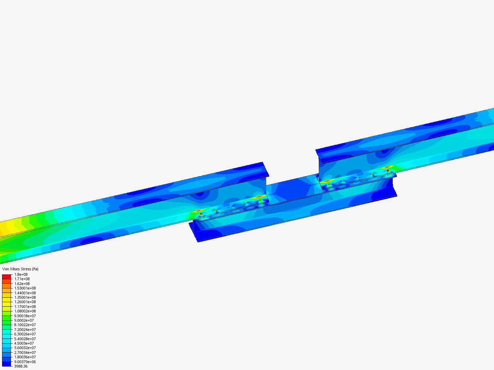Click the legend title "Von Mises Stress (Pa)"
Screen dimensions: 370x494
[x=20, y=269]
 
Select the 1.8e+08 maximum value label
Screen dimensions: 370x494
[x=21, y=274]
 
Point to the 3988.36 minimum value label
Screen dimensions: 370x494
[x=21, y=366]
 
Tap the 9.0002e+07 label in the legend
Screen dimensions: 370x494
[x=24, y=320]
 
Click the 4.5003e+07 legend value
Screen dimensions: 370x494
[x=24, y=343]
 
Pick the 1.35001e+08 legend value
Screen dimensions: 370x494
[x=25, y=297]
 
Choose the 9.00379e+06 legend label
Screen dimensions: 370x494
[x=25, y=362]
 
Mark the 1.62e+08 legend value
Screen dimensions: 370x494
[x=22, y=284]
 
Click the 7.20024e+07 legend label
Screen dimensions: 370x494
[x=25, y=330]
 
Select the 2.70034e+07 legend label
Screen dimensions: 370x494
[x=25, y=353]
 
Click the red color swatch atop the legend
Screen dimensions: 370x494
[x=7, y=276]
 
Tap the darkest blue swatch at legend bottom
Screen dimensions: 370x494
[x=7, y=364]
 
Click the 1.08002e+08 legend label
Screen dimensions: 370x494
[x=25, y=311]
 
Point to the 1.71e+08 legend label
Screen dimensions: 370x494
[x=22, y=279]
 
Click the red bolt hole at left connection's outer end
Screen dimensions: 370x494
[x=201, y=214]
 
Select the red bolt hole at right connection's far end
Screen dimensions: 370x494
[x=388, y=170]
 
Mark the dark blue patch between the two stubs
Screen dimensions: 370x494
[x=290, y=190]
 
